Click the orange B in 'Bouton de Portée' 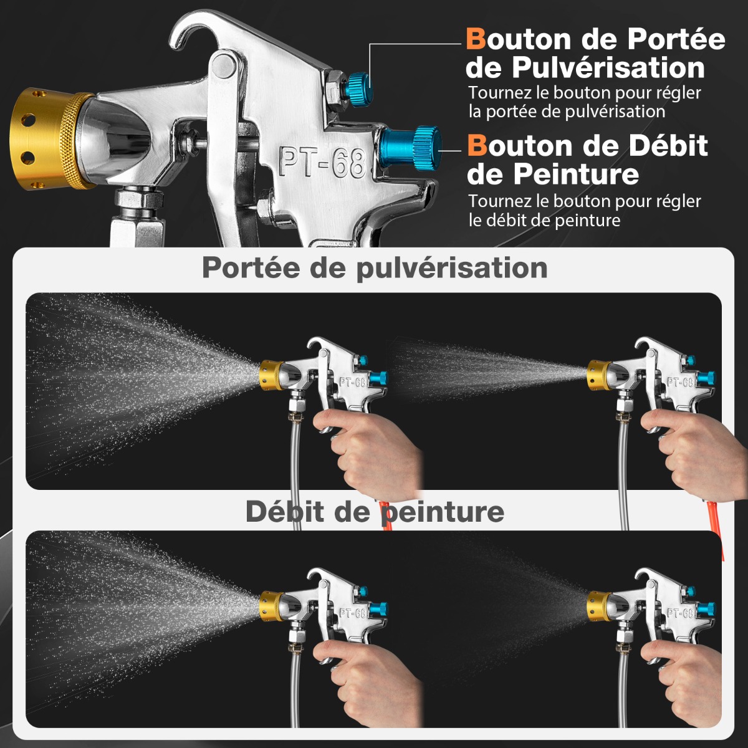(476, 39)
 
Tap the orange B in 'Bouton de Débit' (477, 146)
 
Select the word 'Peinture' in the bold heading (576, 175)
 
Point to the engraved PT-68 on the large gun (322, 162)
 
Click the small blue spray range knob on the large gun (358, 86)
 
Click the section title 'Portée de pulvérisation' (375, 268)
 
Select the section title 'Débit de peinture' (375, 512)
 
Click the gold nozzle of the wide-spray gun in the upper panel (271, 375)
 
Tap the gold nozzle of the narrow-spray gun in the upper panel (599, 375)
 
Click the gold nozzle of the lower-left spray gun (271, 607)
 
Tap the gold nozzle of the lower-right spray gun (599, 607)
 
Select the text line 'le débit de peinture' (544, 221)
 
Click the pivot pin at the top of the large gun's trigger (224, 66)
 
